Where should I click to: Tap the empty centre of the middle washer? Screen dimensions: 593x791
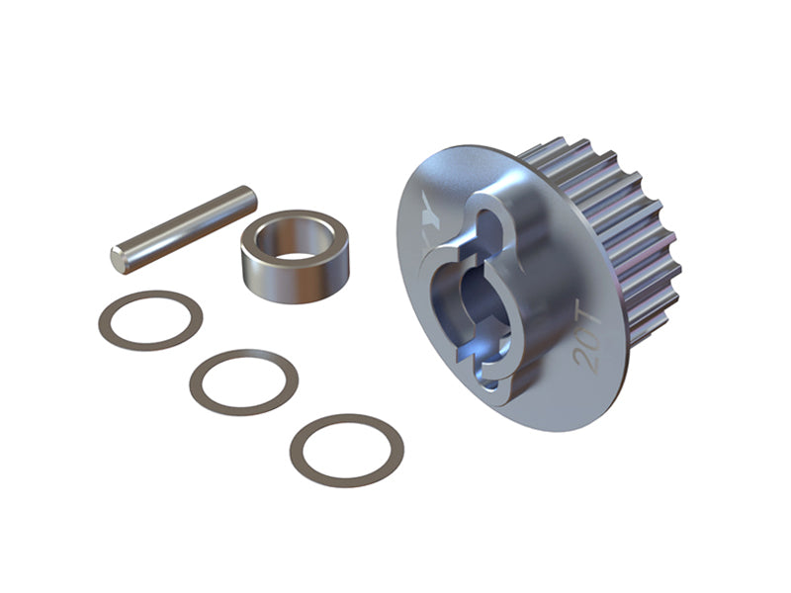243,381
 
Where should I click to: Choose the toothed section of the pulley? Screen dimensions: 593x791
633,237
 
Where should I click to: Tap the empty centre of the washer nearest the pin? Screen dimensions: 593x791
151,320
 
